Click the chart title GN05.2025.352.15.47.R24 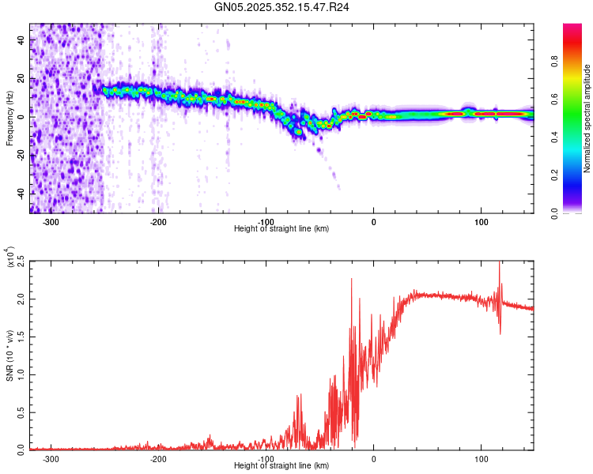282,7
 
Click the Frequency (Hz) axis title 9,117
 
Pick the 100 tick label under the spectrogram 481,221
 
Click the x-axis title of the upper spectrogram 281,229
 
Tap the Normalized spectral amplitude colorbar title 587,118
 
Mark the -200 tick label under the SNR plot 158,458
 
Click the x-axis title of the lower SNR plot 281,466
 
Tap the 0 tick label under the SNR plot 373,458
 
